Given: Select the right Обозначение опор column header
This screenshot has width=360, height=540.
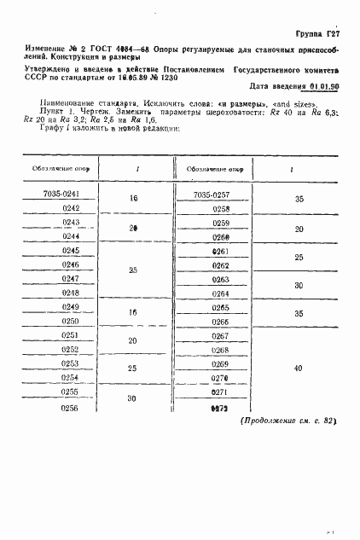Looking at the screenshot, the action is [x=210, y=170].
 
